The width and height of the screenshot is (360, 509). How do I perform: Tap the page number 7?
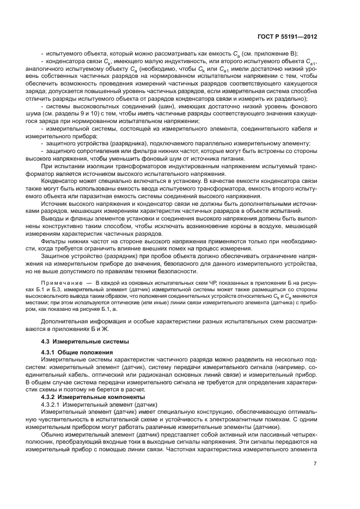point(315,464)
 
